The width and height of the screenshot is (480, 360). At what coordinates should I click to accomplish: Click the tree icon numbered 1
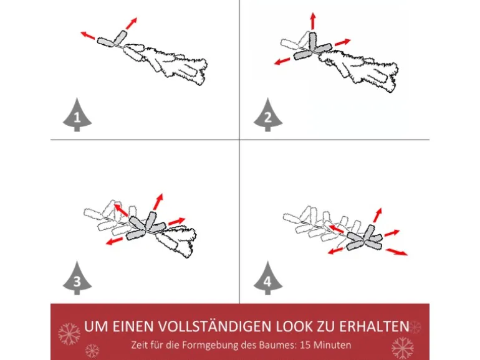pos(77,115)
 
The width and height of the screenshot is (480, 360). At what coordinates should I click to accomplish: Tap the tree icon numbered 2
pos(268,115)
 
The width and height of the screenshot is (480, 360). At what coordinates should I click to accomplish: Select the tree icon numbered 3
pos(77,278)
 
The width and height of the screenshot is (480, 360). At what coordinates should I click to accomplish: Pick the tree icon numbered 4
pos(268,278)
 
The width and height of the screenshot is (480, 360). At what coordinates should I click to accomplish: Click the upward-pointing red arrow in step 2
pos(312,21)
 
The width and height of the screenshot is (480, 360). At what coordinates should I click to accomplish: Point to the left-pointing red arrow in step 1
pos(88,35)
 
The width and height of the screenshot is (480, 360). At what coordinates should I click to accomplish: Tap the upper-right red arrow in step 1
pos(132,23)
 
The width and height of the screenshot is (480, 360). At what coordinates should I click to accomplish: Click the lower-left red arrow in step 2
pos(282,61)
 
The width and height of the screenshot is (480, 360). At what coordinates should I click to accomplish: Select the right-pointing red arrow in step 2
pos(343,42)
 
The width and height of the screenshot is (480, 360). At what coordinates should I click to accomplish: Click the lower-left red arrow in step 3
pos(114,241)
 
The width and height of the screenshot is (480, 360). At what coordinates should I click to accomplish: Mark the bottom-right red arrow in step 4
pos(396,252)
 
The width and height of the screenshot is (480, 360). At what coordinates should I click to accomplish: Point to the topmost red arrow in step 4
pos(377,215)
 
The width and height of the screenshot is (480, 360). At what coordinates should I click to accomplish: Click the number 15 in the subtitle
pos(305,345)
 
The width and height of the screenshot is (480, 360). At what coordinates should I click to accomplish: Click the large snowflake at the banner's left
pos(69,334)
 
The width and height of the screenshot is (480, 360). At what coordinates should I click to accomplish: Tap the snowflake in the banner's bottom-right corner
pos(403,348)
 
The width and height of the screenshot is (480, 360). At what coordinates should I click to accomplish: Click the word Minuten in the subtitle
pos(332,345)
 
